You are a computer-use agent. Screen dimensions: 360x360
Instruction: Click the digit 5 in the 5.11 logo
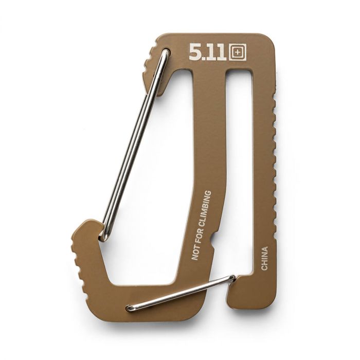point(195,52)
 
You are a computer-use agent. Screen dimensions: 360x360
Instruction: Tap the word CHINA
point(264,259)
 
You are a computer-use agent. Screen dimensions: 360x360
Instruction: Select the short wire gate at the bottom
point(180,294)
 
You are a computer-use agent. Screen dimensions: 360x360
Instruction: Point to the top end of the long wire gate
point(166,52)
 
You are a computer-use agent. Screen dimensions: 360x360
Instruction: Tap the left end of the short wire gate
point(130,308)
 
